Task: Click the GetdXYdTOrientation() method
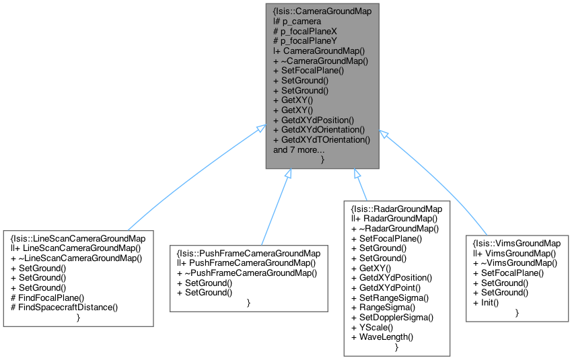(322, 139)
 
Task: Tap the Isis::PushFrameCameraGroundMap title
(248, 253)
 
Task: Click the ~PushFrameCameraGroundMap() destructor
(246, 273)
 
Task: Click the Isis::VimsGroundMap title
(517, 243)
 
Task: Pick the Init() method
(491, 302)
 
